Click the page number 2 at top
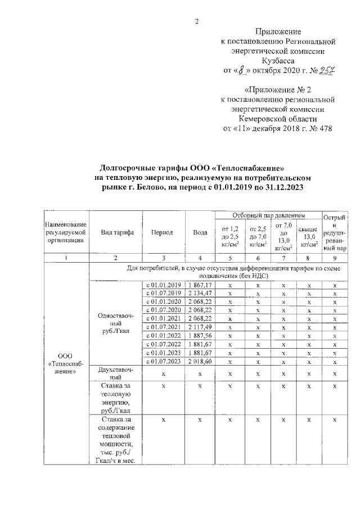(x=197, y=21)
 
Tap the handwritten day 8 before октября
(x=242, y=70)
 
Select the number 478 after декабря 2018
(x=325, y=129)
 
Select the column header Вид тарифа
(x=116, y=232)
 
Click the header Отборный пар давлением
(x=267, y=215)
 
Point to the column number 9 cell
(x=335, y=258)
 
